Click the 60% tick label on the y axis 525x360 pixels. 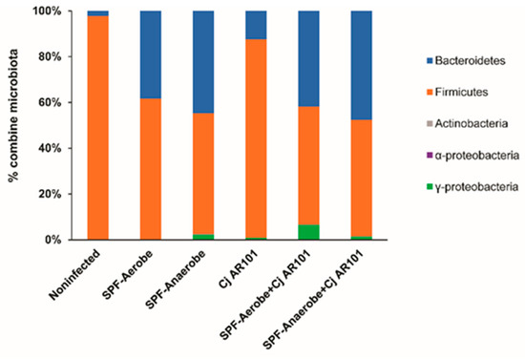point(49,102)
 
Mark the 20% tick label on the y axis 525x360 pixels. point(49,194)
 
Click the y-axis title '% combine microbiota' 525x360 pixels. point(16,124)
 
